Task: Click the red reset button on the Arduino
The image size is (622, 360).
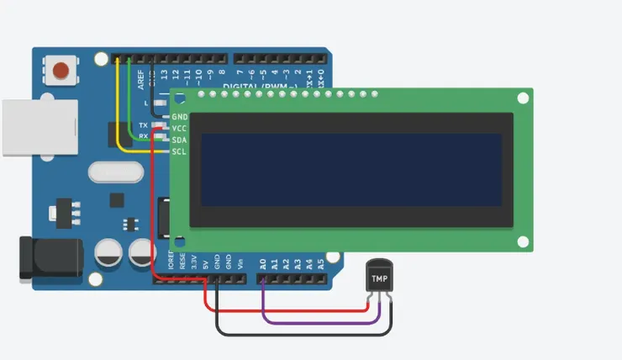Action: (x=61, y=70)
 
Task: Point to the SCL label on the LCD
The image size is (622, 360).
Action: (x=179, y=151)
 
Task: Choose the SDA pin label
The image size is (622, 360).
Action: (x=179, y=140)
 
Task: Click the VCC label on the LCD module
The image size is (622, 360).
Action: (x=179, y=128)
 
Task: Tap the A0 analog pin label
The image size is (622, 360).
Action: (x=263, y=263)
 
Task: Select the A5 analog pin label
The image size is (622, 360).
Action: (x=321, y=263)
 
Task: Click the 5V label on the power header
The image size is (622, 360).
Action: (x=205, y=263)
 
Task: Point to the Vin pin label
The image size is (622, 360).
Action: (x=240, y=263)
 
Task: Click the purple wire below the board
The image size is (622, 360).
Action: (x=319, y=322)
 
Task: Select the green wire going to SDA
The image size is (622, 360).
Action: (x=129, y=101)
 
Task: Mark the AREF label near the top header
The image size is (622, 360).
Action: (x=129, y=78)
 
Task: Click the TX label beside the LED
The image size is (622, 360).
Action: (x=143, y=124)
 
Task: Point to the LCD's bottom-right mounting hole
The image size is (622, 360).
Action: (x=523, y=242)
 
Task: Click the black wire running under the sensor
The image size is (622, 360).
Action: (x=303, y=334)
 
